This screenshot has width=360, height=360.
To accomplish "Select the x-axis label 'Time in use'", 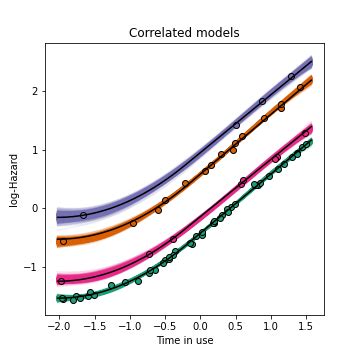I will pos(179,340).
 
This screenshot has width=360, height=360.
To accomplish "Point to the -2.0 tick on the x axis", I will pos(59,325).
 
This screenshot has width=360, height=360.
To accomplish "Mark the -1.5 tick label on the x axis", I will pos(94,325).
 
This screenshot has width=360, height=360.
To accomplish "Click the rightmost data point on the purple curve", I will pos(291,76).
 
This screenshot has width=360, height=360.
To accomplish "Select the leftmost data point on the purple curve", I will pos(83,215).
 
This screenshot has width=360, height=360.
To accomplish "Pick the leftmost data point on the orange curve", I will pos(63,241).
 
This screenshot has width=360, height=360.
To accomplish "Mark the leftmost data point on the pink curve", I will pos(61,281).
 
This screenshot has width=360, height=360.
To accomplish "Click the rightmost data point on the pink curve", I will pos(305,132).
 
